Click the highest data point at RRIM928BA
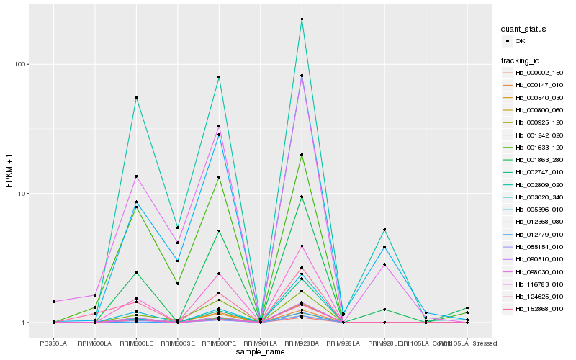[x=302, y=19]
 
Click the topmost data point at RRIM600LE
[x=136, y=98]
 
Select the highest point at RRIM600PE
[x=219, y=77]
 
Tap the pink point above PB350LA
[x=53, y=302]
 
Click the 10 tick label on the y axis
[x=22, y=194]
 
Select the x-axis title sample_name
[x=260, y=352]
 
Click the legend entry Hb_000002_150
[x=539, y=73]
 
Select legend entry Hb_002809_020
[x=539, y=184]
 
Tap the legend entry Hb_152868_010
[x=539, y=308]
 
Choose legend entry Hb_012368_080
[x=539, y=222]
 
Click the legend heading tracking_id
[x=521, y=60]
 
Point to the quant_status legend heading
[x=523, y=29]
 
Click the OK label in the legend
[x=520, y=41]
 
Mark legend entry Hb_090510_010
[x=539, y=258]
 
